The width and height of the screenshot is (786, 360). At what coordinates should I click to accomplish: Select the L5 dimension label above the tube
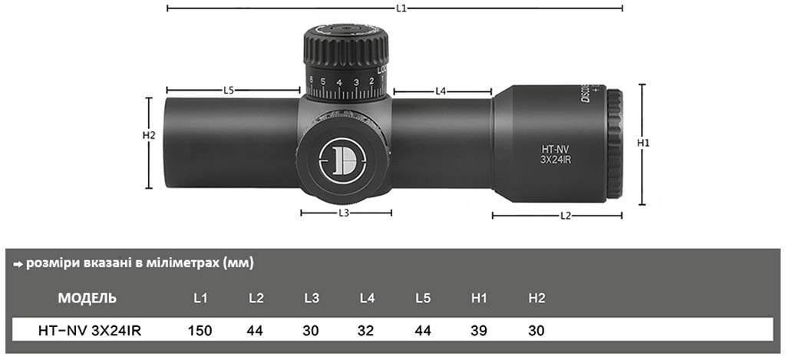pyautogui.click(x=229, y=91)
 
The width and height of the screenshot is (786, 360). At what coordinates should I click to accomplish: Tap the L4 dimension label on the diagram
pyautogui.click(x=441, y=91)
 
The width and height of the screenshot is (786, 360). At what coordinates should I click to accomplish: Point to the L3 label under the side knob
pyautogui.click(x=344, y=213)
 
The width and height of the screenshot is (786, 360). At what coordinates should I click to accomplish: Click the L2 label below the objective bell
pyautogui.click(x=565, y=216)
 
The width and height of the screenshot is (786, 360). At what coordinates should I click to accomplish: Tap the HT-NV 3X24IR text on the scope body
pyautogui.click(x=554, y=154)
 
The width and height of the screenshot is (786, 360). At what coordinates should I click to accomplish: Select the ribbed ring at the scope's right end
pyautogui.click(x=616, y=144)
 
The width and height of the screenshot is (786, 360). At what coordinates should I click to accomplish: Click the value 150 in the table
pyautogui.click(x=200, y=331)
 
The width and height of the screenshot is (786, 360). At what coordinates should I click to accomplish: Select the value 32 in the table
pyautogui.click(x=366, y=331)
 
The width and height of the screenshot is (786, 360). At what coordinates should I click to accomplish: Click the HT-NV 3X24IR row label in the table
pyautogui.click(x=89, y=331)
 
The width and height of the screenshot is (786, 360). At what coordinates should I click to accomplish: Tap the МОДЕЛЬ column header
pyautogui.click(x=88, y=298)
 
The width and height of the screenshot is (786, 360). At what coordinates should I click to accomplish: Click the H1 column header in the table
pyautogui.click(x=481, y=298)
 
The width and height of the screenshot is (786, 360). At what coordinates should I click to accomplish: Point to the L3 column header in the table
pyautogui.click(x=311, y=298)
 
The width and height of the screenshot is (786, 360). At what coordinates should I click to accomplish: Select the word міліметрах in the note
pyautogui.click(x=180, y=263)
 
